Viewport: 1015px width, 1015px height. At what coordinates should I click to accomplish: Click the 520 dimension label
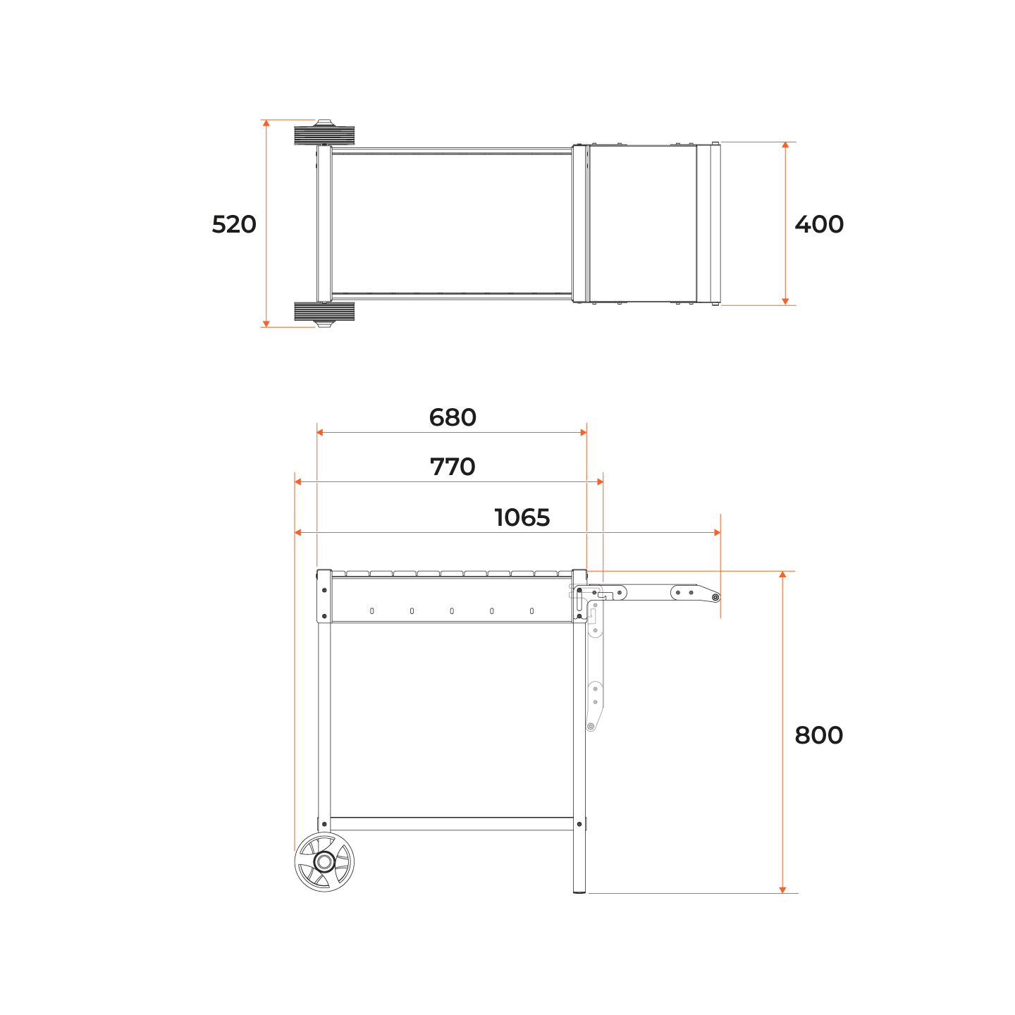pyautogui.click(x=234, y=224)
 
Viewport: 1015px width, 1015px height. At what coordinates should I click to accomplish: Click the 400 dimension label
pyautogui.click(x=819, y=224)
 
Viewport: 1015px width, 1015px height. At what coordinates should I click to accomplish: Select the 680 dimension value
pyautogui.click(x=453, y=418)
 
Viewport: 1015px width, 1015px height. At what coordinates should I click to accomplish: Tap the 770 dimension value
pyautogui.click(x=453, y=467)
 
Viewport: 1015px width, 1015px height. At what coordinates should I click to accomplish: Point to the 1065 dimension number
pyautogui.click(x=522, y=518)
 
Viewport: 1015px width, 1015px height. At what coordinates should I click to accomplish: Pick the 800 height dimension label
pyautogui.click(x=818, y=735)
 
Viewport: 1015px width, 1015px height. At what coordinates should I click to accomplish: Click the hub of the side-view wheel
pyautogui.click(x=324, y=862)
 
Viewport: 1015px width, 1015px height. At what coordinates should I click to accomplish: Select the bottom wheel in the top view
pyautogui.click(x=324, y=313)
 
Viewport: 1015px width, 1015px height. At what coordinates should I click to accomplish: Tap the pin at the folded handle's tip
pyautogui.click(x=715, y=597)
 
